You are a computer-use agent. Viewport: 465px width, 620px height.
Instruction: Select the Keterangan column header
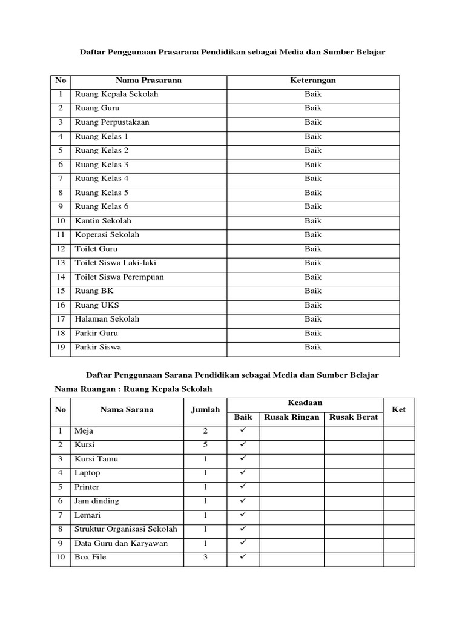[313, 81]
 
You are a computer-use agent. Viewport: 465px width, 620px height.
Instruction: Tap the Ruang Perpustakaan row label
[112, 122]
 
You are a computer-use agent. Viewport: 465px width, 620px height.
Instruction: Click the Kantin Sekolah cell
[103, 221]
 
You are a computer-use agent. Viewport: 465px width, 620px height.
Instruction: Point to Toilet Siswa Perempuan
[119, 277]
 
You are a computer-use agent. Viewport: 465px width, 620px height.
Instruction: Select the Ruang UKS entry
[97, 305]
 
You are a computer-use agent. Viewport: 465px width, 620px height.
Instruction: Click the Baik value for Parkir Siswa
[313, 348]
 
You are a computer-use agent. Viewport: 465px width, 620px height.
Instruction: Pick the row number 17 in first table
[61, 319]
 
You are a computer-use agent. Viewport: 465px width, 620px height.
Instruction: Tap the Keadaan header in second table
[305, 403]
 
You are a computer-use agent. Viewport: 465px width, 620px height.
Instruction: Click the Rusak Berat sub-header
[354, 417]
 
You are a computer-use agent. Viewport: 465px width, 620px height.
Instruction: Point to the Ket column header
[398, 410]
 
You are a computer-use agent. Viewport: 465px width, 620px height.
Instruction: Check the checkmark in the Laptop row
[243, 473]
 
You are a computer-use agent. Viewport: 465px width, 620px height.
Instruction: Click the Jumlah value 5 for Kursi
[205, 445]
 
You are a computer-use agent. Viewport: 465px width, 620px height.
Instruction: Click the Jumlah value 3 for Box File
[205, 557]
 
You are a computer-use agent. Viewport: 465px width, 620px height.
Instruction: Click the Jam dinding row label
[97, 501]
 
